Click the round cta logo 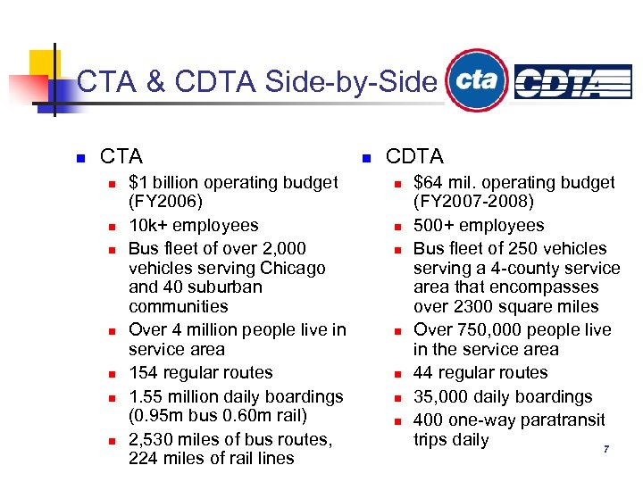click(x=477, y=80)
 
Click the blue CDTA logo click(x=572, y=81)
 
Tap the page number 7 click(x=606, y=449)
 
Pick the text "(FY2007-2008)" click(x=473, y=202)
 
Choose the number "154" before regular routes click(x=145, y=373)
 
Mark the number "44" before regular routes click(x=424, y=373)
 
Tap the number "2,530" click(x=154, y=439)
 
